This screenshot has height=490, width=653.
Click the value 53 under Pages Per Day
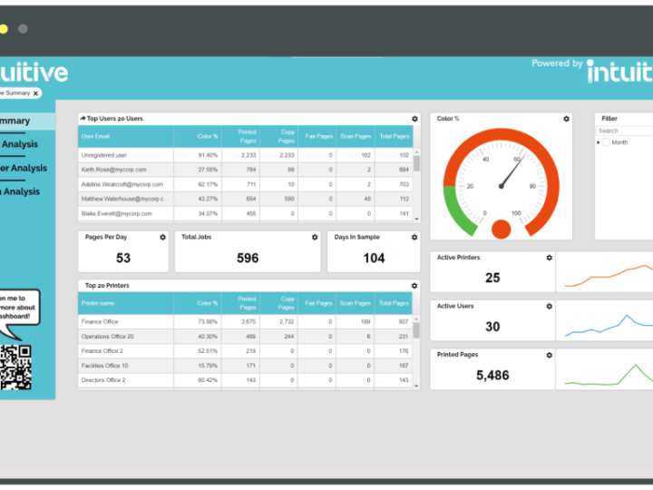pyautogui.click(x=123, y=258)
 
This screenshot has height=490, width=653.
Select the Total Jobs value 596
pyautogui.click(x=248, y=258)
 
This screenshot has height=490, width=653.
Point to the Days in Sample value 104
pyautogui.click(x=374, y=258)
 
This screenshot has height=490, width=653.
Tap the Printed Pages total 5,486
pyautogui.click(x=492, y=375)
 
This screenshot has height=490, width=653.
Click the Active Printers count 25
pyautogui.click(x=492, y=278)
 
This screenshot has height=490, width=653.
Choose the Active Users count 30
pyautogui.click(x=492, y=327)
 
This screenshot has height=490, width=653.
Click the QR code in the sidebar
pyautogui.click(x=15, y=367)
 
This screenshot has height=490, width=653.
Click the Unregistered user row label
pyautogui.click(x=104, y=155)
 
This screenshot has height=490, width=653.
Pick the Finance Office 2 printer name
pyautogui.click(x=102, y=350)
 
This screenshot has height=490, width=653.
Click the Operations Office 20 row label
pyautogui.click(x=107, y=336)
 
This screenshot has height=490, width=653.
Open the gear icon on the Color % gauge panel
pyautogui.click(x=566, y=119)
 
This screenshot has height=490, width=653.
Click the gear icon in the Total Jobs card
pyautogui.click(x=315, y=238)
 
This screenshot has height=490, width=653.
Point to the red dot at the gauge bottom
pyautogui.click(x=501, y=229)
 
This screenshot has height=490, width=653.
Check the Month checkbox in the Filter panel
pyautogui.click(x=606, y=142)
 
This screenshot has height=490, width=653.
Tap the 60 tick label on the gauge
pyautogui.click(x=517, y=160)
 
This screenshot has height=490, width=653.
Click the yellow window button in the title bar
pyautogui.click(x=4, y=29)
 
